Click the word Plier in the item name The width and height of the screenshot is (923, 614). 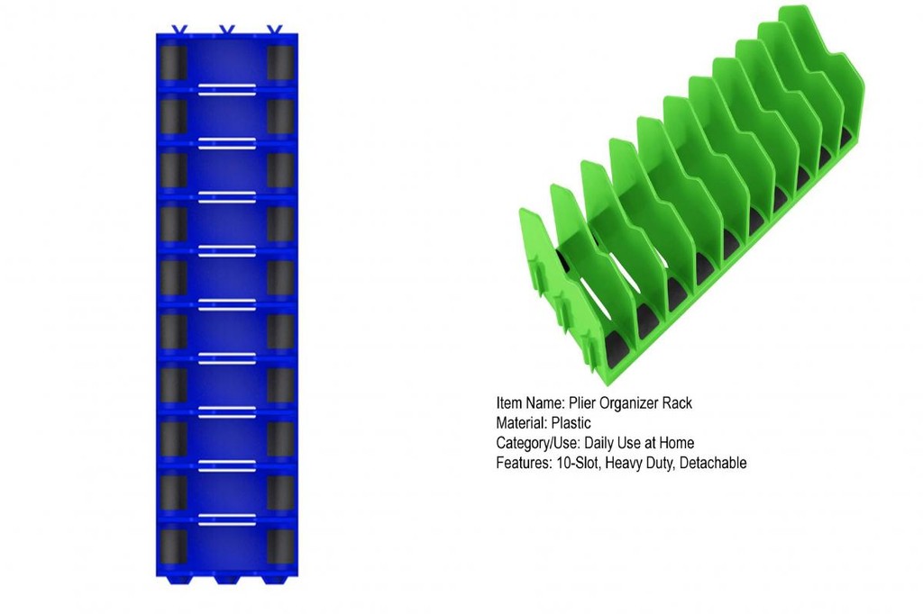tap(581, 402)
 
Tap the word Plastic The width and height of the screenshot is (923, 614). tap(571, 423)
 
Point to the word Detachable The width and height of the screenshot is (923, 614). tap(713, 463)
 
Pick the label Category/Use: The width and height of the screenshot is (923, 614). tap(537, 443)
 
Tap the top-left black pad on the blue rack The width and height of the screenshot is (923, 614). tap(174, 62)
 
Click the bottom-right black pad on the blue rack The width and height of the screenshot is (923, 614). tap(280, 547)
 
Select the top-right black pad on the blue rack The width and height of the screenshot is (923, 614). tap(280, 62)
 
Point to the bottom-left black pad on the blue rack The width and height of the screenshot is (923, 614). tap(174, 547)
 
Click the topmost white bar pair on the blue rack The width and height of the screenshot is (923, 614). tap(226, 89)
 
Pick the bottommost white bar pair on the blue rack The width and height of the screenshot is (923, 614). tap(226, 519)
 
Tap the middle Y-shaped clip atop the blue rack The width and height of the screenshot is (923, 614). tap(227, 30)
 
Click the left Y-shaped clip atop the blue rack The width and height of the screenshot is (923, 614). tap(178, 30)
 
